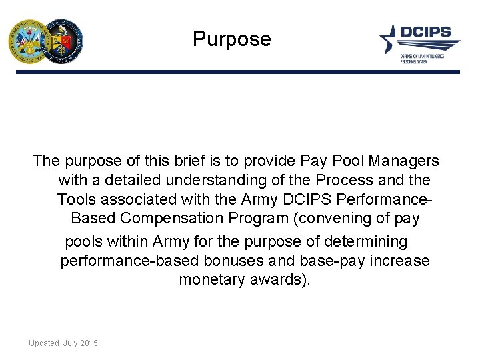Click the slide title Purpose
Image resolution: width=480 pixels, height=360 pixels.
[x=232, y=39]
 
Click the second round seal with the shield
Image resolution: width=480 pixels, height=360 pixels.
[x=63, y=41]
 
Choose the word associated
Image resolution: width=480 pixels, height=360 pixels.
[x=141, y=200]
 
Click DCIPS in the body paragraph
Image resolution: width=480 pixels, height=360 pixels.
[x=297, y=200]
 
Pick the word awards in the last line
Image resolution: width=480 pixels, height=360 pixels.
[x=285, y=279]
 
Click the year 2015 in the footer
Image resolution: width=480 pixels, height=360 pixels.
[x=89, y=343]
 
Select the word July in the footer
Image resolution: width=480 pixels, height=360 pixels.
[x=70, y=343]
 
